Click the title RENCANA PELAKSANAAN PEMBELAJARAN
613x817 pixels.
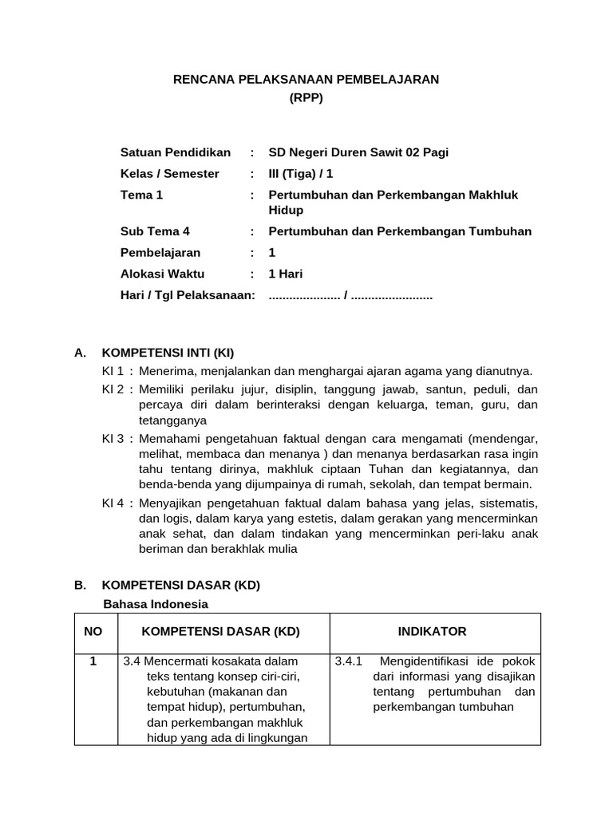pos(306,79)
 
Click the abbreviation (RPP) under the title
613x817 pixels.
pos(306,98)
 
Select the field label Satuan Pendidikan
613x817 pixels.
pos(175,152)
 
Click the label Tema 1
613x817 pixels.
pos(141,195)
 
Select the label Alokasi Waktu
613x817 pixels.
pos(162,274)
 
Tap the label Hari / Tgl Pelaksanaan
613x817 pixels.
pos(187,295)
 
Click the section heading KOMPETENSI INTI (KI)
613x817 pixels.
pos(168,353)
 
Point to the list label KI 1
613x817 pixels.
pos(113,371)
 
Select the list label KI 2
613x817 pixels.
pos(113,389)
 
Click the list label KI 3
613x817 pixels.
pos(113,439)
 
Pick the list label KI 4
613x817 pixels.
pos(113,503)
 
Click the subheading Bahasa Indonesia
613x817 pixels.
pos(156,603)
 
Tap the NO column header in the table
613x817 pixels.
pos(93,632)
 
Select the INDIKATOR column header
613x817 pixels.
pos(432,632)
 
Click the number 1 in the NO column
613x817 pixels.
pos(93,661)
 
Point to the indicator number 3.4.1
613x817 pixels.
pos(349,661)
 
